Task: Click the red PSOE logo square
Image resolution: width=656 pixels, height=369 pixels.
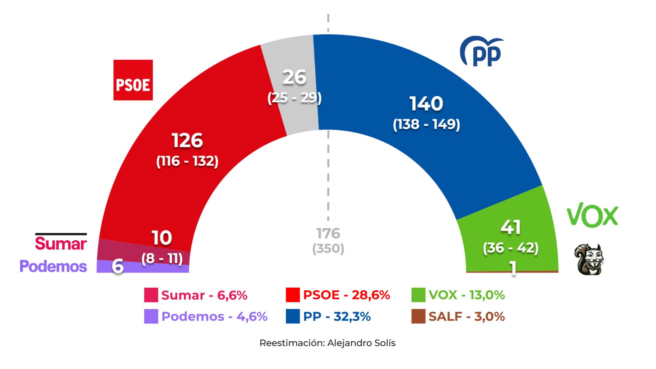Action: (x=133, y=80)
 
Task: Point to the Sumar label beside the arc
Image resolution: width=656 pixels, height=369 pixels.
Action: (x=61, y=243)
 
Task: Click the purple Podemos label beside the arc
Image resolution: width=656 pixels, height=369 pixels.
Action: (x=53, y=266)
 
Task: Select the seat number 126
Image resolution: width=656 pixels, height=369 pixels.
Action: (x=187, y=140)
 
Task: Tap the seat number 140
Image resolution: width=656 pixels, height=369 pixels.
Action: (x=426, y=104)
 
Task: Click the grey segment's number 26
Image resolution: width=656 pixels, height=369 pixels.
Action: (x=294, y=77)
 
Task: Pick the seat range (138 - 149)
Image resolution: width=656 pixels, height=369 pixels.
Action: (x=426, y=124)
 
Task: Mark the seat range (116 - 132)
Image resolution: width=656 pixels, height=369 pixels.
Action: (x=187, y=161)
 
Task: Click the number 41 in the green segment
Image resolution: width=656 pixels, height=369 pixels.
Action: (x=511, y=227)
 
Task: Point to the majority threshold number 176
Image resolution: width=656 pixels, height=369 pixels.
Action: (x=328, y=234)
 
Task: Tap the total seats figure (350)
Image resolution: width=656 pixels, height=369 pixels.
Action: (x=328, y=249)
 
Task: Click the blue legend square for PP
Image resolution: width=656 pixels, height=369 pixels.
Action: (x=293, y=317)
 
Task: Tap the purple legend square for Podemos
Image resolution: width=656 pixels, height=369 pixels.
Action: (x=151, y=317)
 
